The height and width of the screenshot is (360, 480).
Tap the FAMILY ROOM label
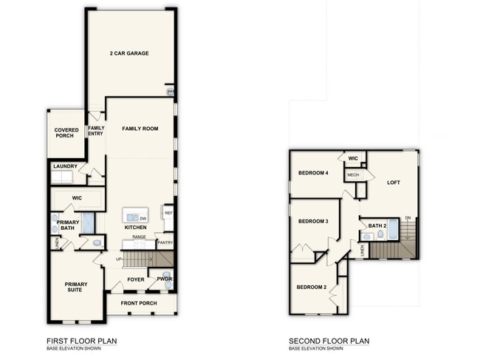coord(140,129)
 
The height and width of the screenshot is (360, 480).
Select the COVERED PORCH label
coord(66,133)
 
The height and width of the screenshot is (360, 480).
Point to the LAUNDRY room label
coord(64,166)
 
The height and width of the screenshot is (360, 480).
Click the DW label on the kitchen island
coord(143,218)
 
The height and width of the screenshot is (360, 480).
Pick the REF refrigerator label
coord(168,213)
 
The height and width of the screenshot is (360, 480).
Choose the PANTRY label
coord(165,242)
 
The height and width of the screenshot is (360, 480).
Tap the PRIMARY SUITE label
coord(75,288)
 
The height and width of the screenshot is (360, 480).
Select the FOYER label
coord(135,279)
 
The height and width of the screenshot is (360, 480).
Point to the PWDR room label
coord(164,279)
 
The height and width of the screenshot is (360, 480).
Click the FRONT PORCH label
coord(140,302)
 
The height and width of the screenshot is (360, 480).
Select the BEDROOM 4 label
coord(312,173)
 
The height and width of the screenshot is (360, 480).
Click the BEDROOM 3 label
coord(312,221)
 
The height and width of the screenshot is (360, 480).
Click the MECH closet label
coord(352,174)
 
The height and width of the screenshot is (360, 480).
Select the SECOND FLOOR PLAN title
coord(329,341)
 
